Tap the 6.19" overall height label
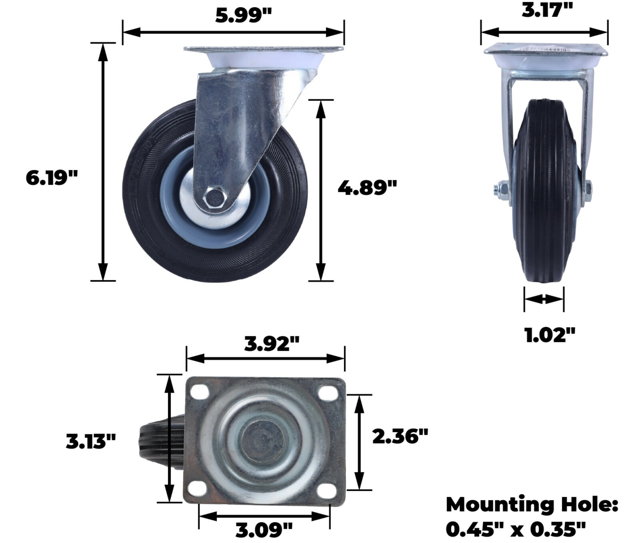coord(51,177)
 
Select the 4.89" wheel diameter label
coord(367,187)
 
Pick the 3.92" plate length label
coord(272,343)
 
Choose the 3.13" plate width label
coord(91,442)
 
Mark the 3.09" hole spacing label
coord(264,531)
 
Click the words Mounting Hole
coord(532,505)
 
